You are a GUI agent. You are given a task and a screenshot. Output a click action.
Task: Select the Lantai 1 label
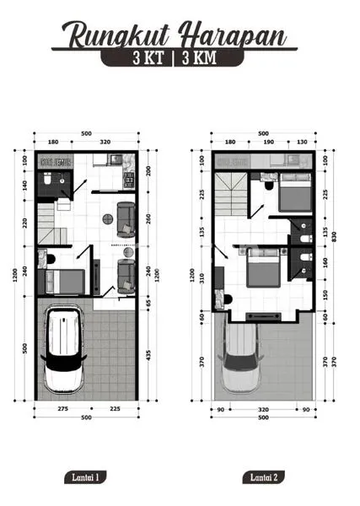pos(86,478)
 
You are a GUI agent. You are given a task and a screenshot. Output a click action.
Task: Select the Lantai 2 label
pos(263,478)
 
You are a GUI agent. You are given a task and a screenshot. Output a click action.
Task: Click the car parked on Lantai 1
pos(64,350)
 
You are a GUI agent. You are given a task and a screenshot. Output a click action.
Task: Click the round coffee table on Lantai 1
pos(109,218)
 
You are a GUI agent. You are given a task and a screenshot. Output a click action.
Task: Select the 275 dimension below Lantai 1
pos(62,408)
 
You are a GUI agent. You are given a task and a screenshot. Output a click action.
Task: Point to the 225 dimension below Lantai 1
pos(115,408)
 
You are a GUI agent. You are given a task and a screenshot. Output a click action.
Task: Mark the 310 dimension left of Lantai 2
pos(202,278)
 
